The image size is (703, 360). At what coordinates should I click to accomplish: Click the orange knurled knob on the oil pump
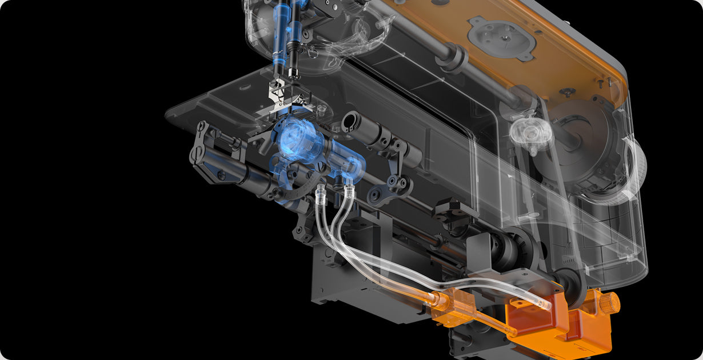click(x=609, y=303)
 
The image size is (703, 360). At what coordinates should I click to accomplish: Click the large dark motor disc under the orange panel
click(x=577, y=137)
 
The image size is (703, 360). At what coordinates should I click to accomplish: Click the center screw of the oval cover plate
click(x=503, y=36)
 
